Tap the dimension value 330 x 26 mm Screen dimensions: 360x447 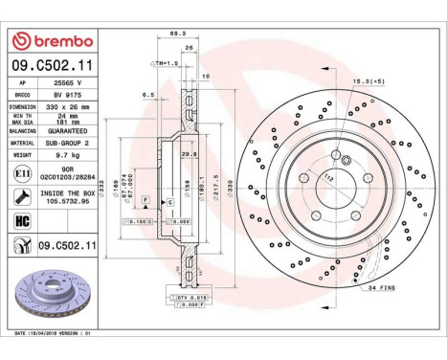click(71, 107)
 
